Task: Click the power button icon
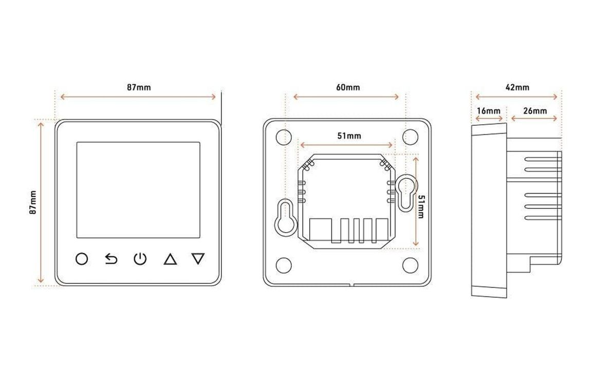tap(140, 259)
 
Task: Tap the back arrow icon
tap(111, 259)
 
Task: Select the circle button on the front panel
tap(82, 259)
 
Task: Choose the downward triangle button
tap(198, 259)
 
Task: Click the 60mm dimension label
tap(348, 87)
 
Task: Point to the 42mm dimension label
tap(517, 87)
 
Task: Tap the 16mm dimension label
tap(489, 111)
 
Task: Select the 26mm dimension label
tap(535, 111)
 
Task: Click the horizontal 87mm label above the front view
tap(139, 87)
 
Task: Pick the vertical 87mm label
tap(33, 203)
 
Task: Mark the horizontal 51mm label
tap(349, 136)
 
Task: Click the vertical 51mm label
tap(421, 207)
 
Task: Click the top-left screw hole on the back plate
tap(284, 137)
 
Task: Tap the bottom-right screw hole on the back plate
tap(410, 265)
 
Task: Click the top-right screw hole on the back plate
tap(410, 137)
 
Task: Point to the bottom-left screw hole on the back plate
tap(284, 265)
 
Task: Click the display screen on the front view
tap(138, 190)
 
